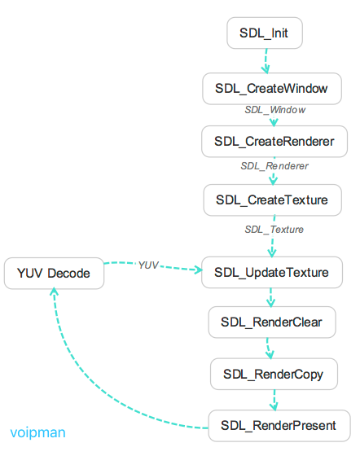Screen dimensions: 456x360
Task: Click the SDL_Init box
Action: pos(264,33)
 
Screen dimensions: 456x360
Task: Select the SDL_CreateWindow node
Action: pos(271,89)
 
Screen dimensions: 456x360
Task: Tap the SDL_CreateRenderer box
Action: pos(274,141)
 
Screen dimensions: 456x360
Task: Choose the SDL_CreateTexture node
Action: pos(271,199)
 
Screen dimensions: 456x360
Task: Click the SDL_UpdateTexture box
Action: pos(271,272)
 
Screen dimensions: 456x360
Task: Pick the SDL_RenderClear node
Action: pos(271,322)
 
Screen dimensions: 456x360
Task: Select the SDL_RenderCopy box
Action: pos(274,375)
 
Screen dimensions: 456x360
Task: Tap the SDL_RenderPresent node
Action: pos(278,426)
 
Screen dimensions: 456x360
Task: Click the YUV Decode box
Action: pos(54,273)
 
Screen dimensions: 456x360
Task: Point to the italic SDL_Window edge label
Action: pos(275,109)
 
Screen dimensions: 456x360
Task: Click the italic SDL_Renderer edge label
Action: pos(274,165)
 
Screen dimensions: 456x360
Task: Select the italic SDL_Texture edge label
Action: pos(274,230)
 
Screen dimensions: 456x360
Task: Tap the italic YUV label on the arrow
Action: pos(148,265)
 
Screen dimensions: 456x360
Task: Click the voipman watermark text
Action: pos(37,433)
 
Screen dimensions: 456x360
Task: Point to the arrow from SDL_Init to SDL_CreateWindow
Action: pos(266,61)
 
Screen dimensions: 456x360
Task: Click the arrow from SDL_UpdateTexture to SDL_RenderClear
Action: pos(271,296)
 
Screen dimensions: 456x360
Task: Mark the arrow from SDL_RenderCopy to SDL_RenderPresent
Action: pos(274,400)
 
